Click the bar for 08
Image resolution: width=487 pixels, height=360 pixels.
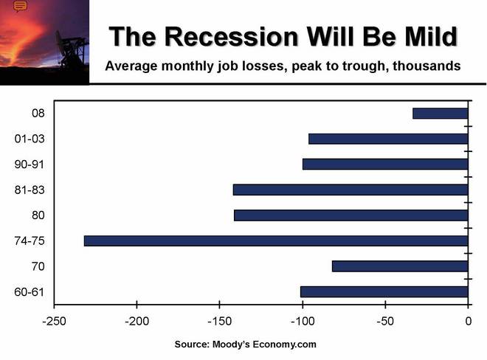tap(440, 113)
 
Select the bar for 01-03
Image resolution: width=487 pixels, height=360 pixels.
tap(388, 139)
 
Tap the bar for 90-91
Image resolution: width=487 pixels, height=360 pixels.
tap(385, 164)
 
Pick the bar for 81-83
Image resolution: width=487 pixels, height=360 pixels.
tap(350, 190)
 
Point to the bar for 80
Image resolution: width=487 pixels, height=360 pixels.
tap(351, 215)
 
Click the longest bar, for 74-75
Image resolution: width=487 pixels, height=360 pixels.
tap(276, 240)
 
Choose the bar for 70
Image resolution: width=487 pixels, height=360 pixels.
tap(400, 266)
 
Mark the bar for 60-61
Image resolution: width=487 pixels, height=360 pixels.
tap(384, 291)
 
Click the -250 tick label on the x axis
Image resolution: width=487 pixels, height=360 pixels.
tap(53, 322)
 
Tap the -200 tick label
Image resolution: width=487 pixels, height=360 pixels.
tap(137, 322)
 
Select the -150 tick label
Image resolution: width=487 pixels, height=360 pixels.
tap(219, 322)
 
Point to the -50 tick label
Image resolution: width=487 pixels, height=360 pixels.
tap(385, 322)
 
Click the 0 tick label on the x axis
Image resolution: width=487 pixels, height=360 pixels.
tap(468, 322)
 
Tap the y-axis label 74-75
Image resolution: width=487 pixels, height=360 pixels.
tap(30, 240)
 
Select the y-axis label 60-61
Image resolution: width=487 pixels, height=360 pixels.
tap(30, 291)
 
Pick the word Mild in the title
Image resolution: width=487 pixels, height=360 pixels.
tap(424, 37)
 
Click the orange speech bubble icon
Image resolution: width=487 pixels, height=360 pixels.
tap(21, 7)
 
